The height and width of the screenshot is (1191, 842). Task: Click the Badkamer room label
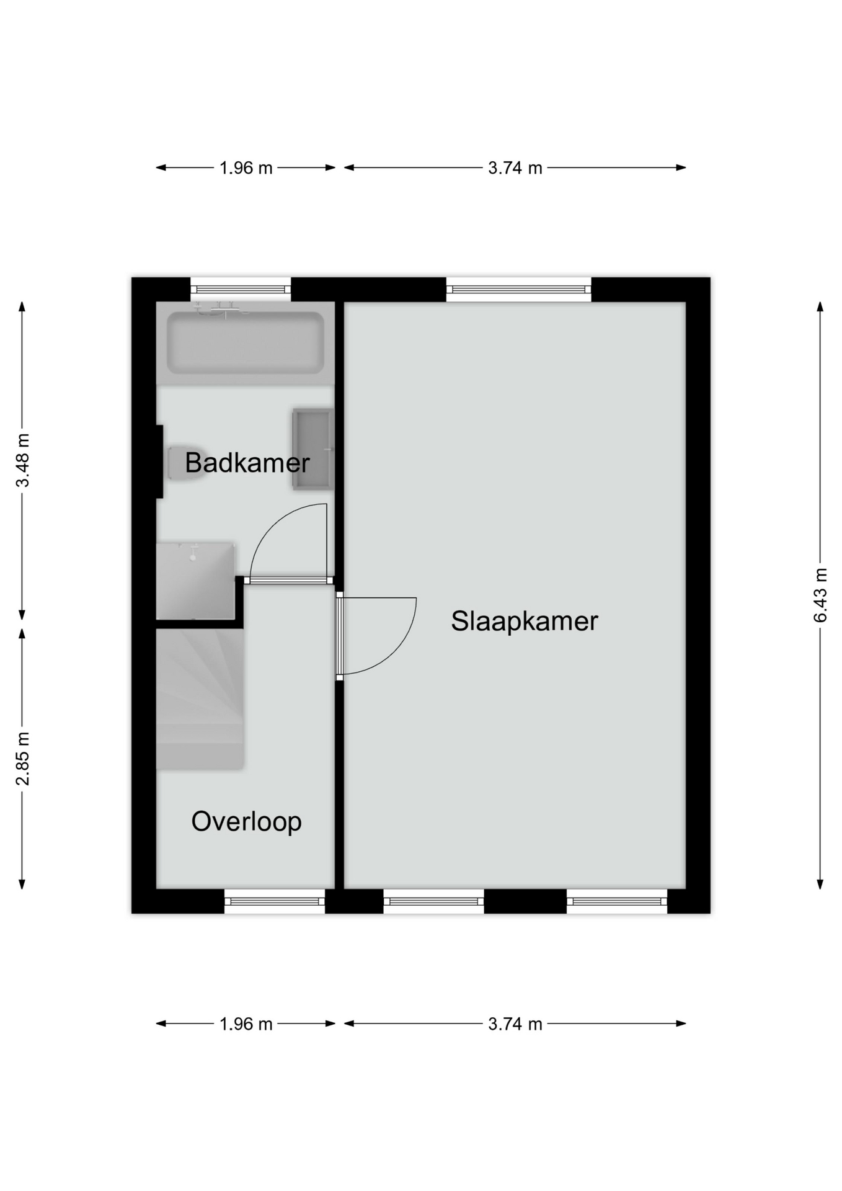[x=247, y=463]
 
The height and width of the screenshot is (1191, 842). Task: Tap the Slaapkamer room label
[x=525, y=622]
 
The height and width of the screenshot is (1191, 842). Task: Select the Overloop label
[x=247, y=821]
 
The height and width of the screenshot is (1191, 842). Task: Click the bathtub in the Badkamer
[x=246, y=343]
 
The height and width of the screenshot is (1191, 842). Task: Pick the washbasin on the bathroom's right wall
[x=313, y=449]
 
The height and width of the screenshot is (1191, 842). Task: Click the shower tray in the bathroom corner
[x=195, y=581]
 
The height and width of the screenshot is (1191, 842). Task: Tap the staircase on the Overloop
[x=200, y=700]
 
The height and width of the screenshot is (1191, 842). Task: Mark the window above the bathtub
[x=241, y=289]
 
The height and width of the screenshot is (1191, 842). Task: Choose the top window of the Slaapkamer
[x=518, y=289]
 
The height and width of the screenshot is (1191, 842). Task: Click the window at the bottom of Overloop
[x=275, y=901]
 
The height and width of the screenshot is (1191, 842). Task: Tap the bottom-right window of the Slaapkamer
[x=617, y=901]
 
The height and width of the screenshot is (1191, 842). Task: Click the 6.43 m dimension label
[x=820, y=595]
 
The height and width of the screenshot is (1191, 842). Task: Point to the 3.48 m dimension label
[x=22, y=460]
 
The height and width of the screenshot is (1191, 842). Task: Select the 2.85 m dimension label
[x=22, y=759]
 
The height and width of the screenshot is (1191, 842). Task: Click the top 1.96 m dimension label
[x=246, y=168]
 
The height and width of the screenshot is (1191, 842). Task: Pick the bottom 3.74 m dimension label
[x=515, y=1024]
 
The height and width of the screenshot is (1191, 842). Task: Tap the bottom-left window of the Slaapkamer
[x=434, y=901]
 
